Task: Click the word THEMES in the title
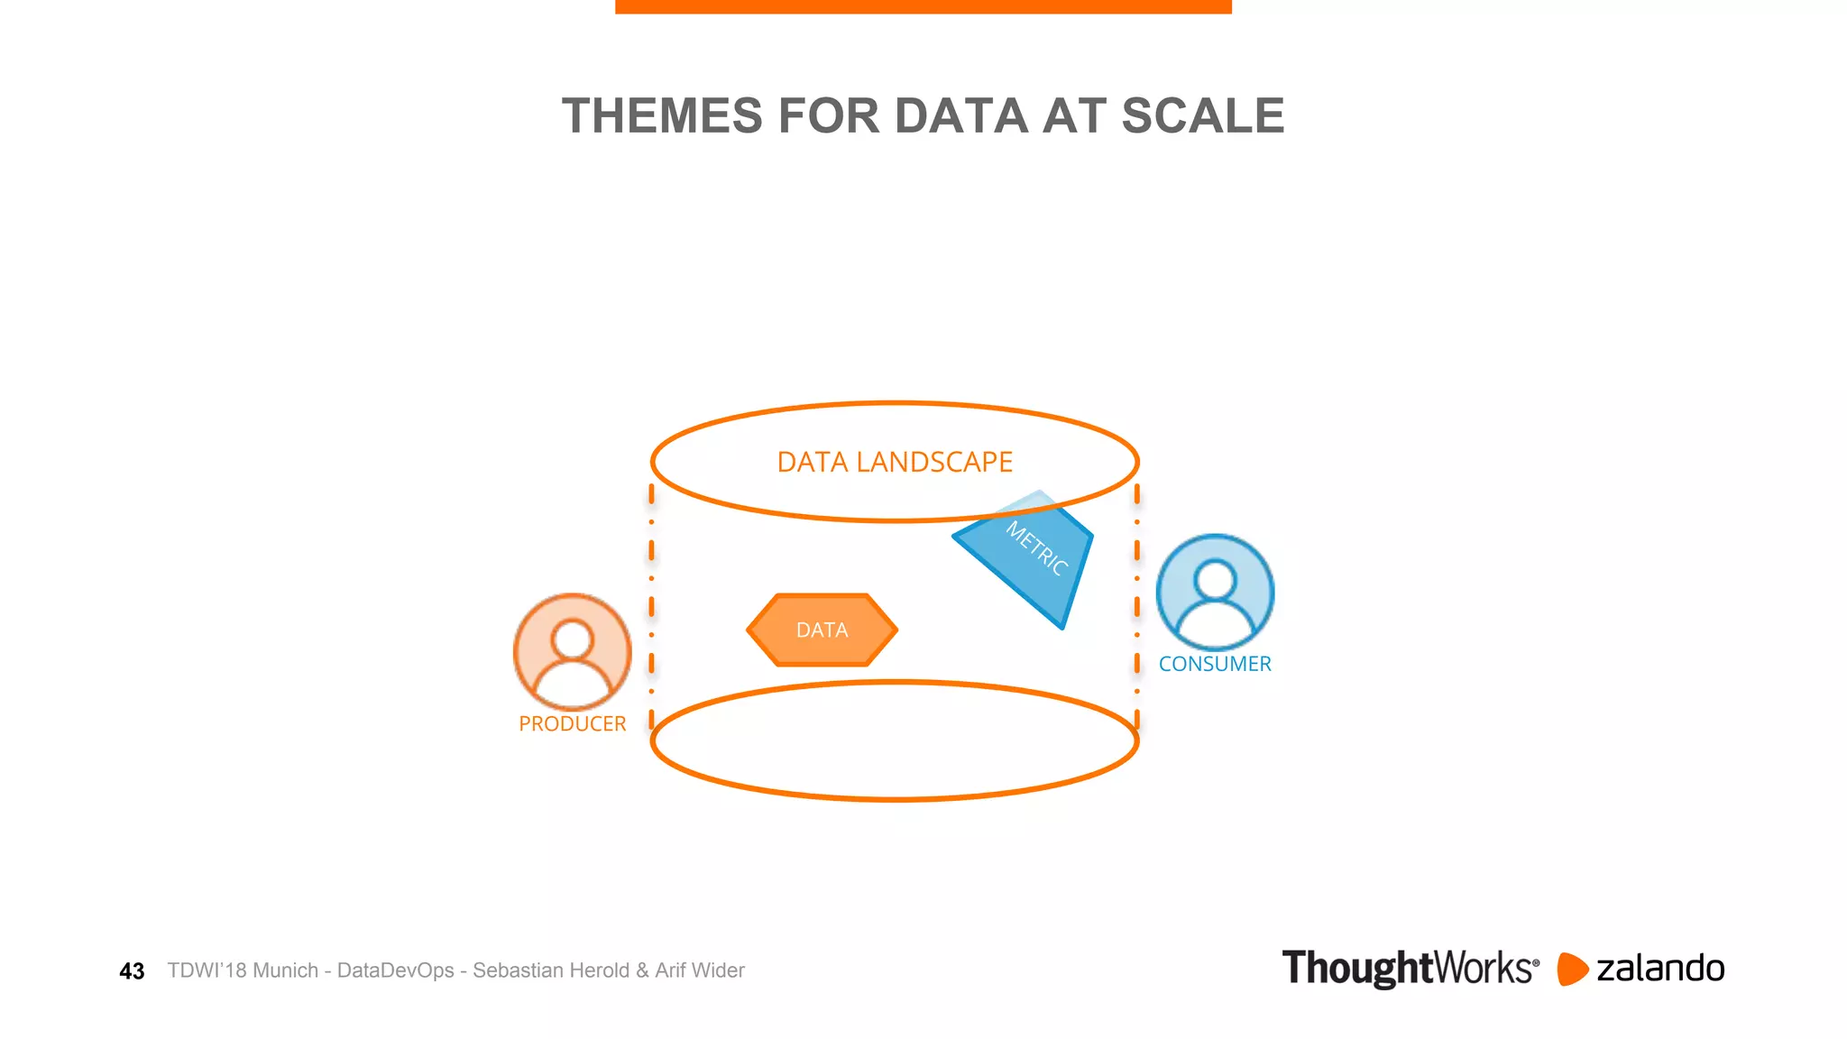click(662, 116)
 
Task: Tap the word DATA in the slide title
click(961, 116)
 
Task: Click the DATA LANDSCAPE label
click(895, 462)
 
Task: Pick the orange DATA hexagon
click(822, 630)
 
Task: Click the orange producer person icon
click(572, 651)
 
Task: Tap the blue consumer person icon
click(1215, 592)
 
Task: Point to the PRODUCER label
click(572, 723)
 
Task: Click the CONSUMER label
click(1215, 664)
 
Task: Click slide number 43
click(132, 971)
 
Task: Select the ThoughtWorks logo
click(1410, 969)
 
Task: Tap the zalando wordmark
click(1660, 969)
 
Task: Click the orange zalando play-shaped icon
click(1572, 969)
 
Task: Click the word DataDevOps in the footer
click(395, 970)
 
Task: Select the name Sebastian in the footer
click(512, 970)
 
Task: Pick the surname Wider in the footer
click(719, 970)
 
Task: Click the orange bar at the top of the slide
click(923, 6)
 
